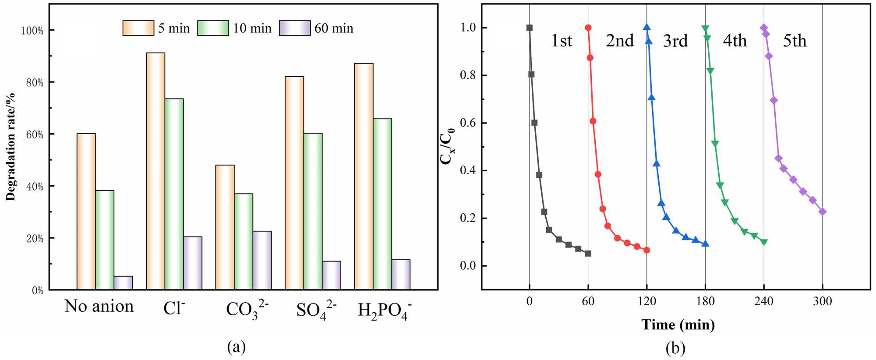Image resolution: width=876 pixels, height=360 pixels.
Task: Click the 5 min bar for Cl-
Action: (x=155, y=171)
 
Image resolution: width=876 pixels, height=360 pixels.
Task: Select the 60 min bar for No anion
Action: (x=123, y=283)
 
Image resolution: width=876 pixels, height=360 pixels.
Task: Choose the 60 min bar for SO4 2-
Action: (x=332, y=275)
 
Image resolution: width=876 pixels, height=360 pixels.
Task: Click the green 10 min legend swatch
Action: (x=213, y=28)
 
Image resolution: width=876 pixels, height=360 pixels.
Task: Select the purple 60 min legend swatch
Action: (x=295, y=28)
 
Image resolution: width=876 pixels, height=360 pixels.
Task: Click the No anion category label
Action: (x=99, y=306)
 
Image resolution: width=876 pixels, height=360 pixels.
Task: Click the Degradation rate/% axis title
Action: (x=11, y=147)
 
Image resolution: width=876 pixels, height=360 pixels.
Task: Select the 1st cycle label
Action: (x=562, y=41)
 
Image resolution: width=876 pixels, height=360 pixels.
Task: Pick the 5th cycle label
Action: (x=795, y=41)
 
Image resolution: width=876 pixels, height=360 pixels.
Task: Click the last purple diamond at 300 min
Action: (x=823, y=212)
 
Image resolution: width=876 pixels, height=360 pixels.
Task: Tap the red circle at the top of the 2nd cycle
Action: (x=588, y=28)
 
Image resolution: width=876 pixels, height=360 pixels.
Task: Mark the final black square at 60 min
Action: (x=588, y=254)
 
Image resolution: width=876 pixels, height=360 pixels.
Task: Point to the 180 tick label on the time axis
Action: (x=705, y=301)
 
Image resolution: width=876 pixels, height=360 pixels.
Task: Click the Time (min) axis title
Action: (x=678, y=325)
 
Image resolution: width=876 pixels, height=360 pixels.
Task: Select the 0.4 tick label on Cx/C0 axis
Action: (x=467, y=170)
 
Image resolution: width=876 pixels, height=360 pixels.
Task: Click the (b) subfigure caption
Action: (x=675, y=348)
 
